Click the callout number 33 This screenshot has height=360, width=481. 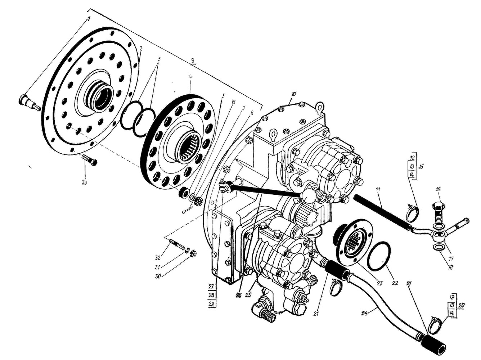pos(84,183)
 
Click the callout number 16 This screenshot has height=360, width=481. pos(438,189)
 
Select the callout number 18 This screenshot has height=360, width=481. pos(450,267)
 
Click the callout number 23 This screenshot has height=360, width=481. pos(379,283)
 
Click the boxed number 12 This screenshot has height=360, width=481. pos(412,158)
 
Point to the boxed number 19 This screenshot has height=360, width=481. pos(451,297)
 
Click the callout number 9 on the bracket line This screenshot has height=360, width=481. pos(193,61)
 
